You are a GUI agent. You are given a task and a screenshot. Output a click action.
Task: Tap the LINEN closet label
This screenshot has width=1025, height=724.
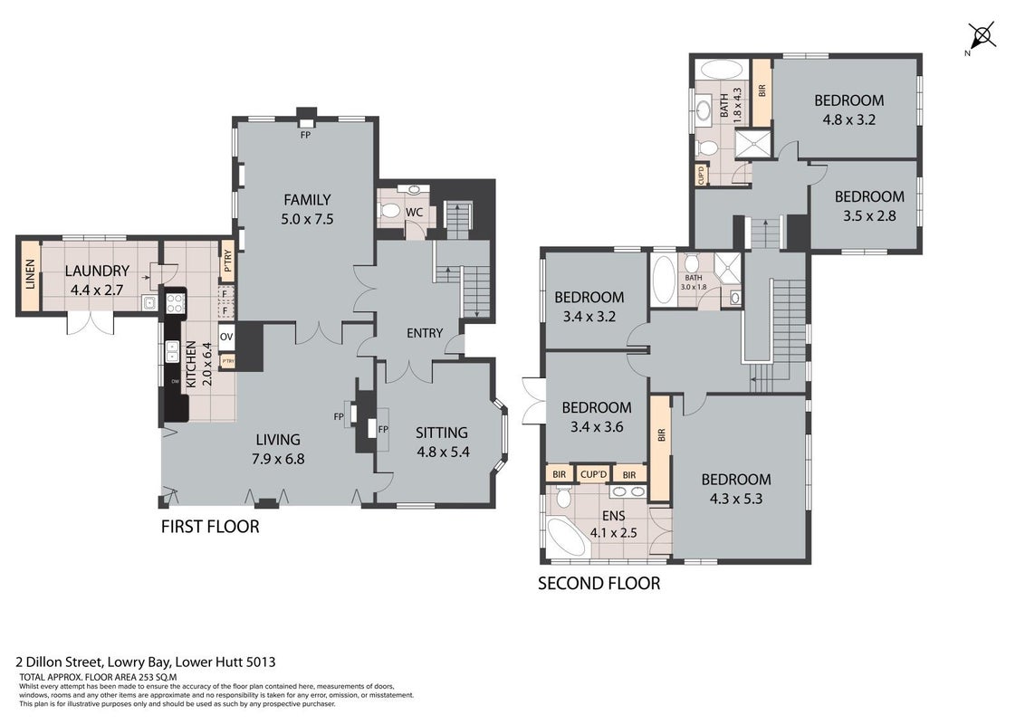point(30,275)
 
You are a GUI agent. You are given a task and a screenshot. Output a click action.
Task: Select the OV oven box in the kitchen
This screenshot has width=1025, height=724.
point(226,338)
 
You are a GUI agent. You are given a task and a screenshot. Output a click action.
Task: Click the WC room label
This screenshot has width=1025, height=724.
point(414,213)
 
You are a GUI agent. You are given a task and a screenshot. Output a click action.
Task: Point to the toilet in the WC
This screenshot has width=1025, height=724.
point(389,210)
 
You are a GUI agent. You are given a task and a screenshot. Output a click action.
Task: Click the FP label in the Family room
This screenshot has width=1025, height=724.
point(305,135)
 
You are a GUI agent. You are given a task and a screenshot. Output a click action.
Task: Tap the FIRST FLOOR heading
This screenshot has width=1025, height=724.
point(210,527)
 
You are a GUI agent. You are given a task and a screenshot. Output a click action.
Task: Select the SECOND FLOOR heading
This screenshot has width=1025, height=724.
point(599,584)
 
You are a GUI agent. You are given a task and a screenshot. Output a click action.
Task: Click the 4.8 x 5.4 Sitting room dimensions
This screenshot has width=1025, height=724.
point(443,452)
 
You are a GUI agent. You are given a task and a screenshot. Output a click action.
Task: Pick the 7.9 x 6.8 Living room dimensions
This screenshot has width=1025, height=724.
point(279,460)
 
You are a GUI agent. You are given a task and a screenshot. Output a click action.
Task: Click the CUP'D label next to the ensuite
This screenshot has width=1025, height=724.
point(594,473)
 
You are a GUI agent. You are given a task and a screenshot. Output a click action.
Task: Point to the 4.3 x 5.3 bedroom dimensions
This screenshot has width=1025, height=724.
point(736,500)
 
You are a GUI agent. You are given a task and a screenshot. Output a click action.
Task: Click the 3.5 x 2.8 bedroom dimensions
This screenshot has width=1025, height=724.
point(869,215)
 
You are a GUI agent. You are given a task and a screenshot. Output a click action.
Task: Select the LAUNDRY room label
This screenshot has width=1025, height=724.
point(97,271)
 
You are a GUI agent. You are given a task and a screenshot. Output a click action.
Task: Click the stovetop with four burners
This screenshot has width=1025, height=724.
point(175,303)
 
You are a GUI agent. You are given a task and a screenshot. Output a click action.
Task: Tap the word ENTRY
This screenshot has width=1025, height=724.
point(425,333)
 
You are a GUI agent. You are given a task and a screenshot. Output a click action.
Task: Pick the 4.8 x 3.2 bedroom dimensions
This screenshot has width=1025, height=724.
point(848,120)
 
